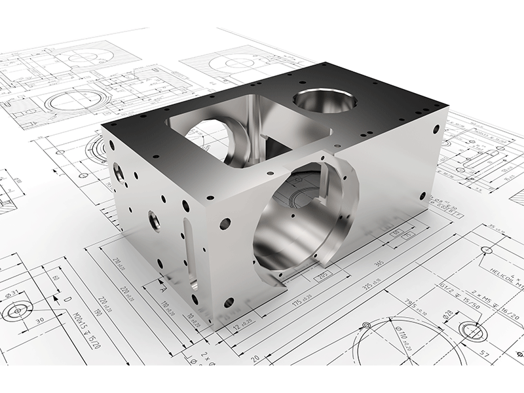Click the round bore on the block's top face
325,101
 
